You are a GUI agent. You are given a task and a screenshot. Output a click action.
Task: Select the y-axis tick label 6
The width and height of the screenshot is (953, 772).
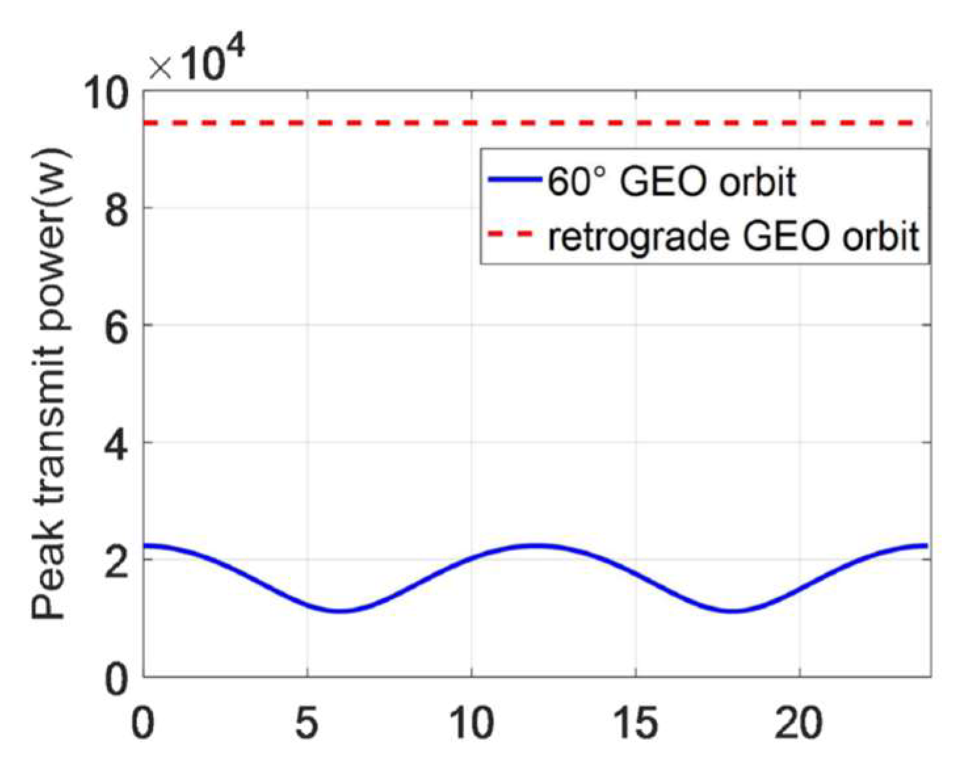[117, 325]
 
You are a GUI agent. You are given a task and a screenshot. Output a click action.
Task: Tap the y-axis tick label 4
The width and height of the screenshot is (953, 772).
[117, 443]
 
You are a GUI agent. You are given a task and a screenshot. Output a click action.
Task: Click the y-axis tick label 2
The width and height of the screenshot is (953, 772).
[117, 559]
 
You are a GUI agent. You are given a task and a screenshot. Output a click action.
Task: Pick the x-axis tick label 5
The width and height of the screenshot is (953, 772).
[307, 722]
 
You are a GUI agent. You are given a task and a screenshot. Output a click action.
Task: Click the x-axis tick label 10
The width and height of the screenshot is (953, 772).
[471, 722]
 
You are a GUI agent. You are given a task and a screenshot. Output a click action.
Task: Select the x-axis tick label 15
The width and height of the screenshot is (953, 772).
[635, 722]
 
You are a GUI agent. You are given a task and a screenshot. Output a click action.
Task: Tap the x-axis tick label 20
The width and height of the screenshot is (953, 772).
[799, 722]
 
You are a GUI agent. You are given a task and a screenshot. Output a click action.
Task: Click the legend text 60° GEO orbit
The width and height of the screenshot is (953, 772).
[672, 180]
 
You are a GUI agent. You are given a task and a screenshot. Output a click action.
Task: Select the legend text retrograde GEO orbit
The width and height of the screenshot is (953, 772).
[733, 235]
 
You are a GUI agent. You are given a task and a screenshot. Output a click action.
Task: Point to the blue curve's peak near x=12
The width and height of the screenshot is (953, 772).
[537, 545]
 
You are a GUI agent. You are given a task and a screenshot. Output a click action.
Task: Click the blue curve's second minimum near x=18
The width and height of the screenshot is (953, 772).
[733, 611]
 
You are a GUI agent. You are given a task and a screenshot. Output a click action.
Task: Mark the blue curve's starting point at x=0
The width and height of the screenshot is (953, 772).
[145, 545]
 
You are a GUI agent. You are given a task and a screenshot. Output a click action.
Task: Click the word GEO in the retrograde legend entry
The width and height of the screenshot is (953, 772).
[788, 235]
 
